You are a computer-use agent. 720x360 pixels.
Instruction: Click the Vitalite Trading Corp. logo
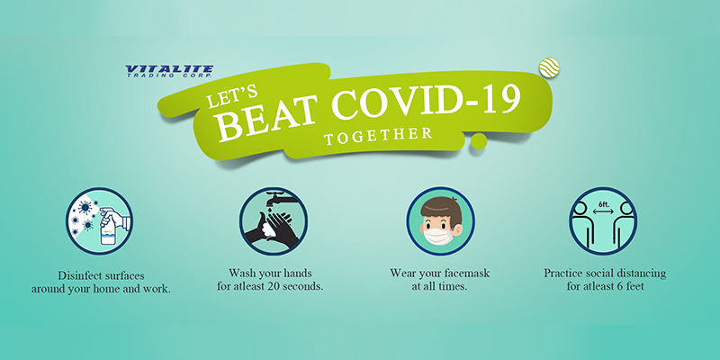(169, 71)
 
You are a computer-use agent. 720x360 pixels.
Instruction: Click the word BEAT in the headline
(265, 120)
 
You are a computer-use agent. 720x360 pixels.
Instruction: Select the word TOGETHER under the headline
(377, 136)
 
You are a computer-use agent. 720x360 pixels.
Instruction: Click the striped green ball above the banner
(549, 67)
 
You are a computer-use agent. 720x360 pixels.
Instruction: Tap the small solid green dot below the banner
(479, 141)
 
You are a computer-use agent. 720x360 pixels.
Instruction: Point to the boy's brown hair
(441, 210)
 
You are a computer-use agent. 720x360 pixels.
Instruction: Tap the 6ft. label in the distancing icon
(602, 203)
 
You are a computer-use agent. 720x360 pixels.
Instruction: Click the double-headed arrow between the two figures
(603, 212)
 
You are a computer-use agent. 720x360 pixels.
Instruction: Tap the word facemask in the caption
(467, 274)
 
